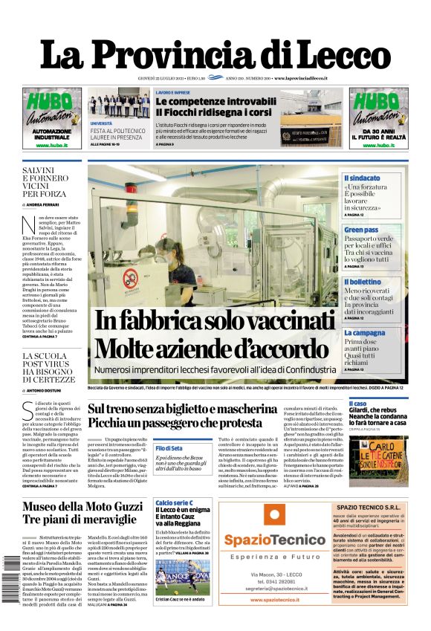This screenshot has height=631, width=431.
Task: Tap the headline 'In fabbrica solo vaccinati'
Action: point(215,320)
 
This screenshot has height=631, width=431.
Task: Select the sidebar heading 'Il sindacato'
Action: point(362,178)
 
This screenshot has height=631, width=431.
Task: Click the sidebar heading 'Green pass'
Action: point(361,230)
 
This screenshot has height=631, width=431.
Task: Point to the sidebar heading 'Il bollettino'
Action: point(363,282)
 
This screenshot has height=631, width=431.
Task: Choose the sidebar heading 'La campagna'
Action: point(364,333)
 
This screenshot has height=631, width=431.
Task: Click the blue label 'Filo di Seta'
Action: point(170,448)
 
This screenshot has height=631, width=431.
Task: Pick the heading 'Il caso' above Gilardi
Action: point(352,403)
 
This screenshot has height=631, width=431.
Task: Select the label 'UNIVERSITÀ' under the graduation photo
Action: point(102,123)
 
